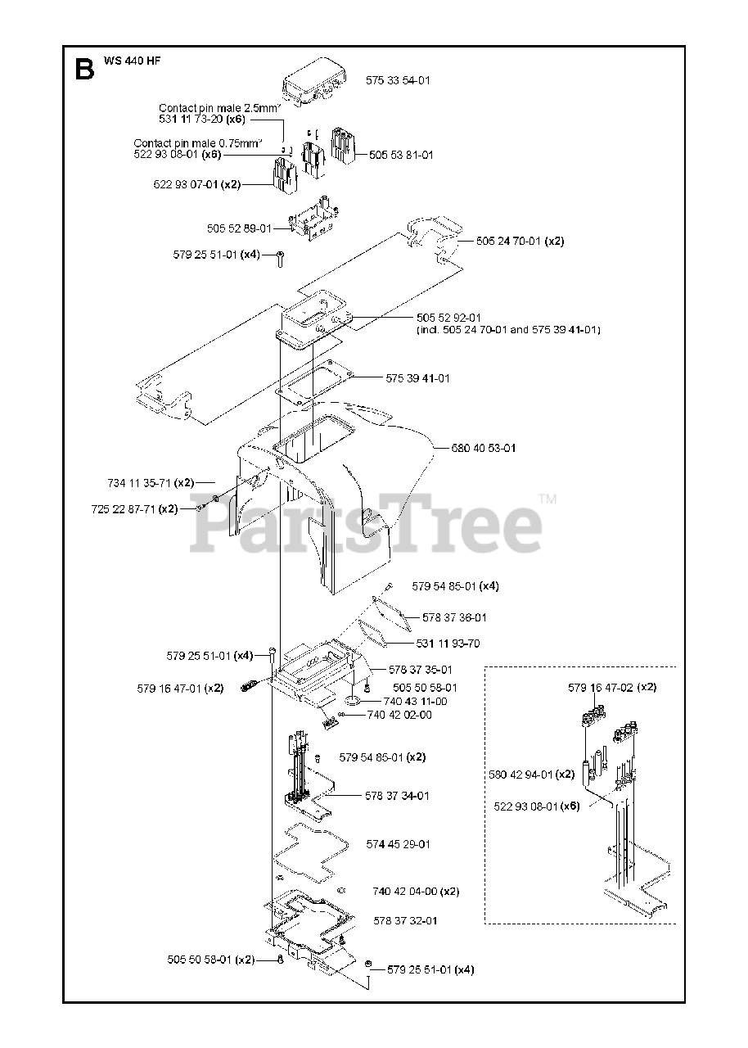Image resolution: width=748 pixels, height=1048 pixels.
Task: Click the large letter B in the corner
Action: click(83, 69)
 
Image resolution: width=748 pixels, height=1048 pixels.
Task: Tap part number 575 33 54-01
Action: click(398, 80)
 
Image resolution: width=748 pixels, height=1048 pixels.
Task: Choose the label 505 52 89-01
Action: click(239, 228)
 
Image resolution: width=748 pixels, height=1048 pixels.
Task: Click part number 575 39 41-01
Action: click(417, 378)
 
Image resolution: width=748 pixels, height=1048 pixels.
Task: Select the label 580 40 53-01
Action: click(484, 448)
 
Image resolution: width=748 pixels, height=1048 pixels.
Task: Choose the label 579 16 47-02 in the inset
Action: click(601, 688)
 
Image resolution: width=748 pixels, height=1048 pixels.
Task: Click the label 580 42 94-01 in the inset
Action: click(520, 774)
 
